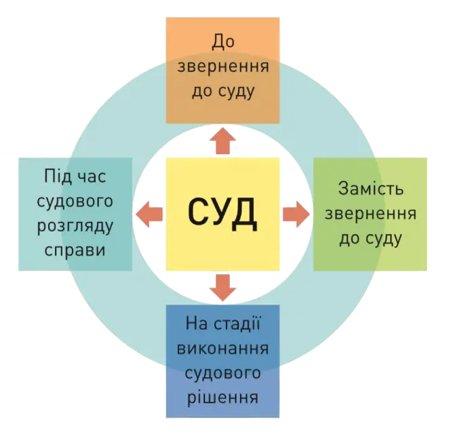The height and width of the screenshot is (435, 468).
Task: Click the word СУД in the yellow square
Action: tap(222, 213)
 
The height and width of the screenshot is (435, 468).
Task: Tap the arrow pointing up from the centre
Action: tap(222, 140)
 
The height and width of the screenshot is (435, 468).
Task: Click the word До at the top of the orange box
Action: tap(223, 42)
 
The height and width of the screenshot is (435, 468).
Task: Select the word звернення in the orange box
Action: tap(223, 67)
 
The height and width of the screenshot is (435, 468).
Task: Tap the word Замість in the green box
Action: tap(370, 187)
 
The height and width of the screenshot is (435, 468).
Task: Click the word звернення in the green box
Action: tap(370, 212)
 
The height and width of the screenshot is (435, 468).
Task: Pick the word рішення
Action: tap(223, 396)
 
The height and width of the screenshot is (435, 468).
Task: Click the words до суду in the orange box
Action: tap(223, 92)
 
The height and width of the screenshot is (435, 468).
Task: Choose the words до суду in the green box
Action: tap(370, 238)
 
